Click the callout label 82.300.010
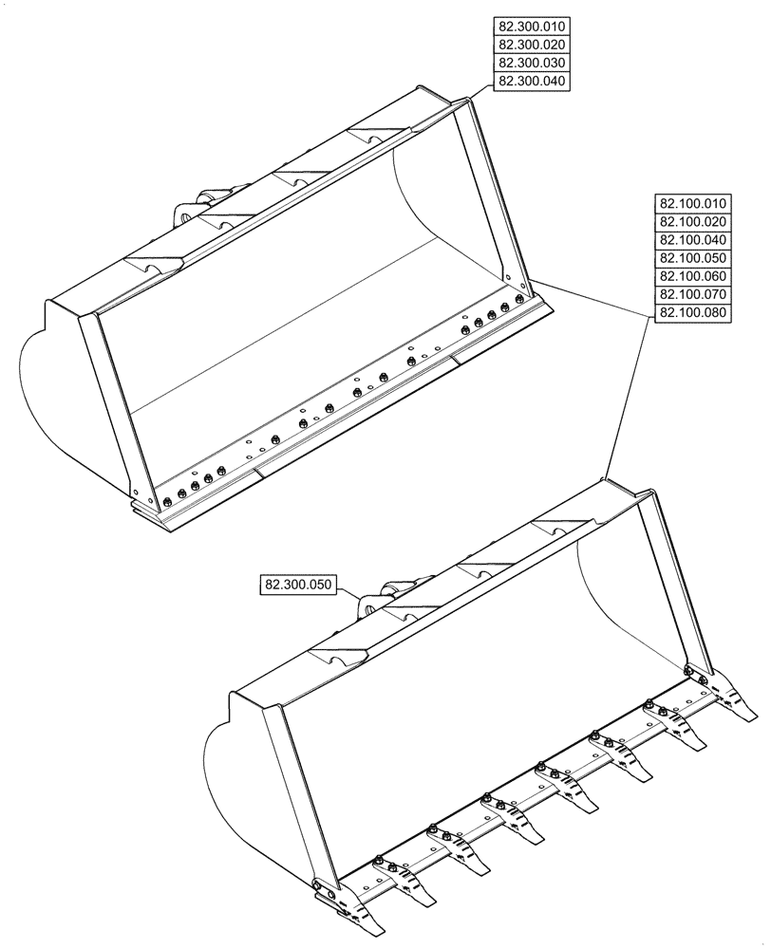[531, 27]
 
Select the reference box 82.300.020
[531, 45]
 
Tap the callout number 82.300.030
[531, 63]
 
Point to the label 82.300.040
[531, 82]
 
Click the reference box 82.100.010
[692, 204]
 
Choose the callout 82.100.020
[692, 222]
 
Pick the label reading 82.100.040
[692, 240]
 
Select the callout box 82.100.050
[692, 258]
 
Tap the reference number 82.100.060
[692, 276]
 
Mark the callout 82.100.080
[692, 313]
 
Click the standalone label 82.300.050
[297, 585]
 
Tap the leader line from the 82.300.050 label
[349, 590]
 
